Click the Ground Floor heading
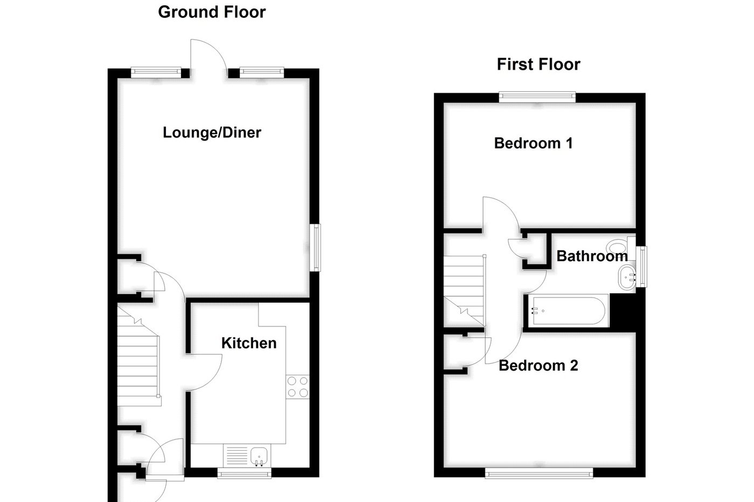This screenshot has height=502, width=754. [x=212, y=12]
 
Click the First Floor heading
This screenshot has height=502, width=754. [x=538, y=65]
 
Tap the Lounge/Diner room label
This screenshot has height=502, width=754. [x=212, y=133]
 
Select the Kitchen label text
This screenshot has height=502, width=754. [x=249, y=343]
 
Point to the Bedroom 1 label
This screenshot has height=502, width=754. [x=533, y=143]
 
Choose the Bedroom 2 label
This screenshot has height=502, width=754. [x=538, y=366]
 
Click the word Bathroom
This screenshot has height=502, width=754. [x=592, y=256]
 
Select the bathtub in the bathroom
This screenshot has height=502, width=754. [x=569, y=311]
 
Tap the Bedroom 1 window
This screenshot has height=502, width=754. [x=537, y=97]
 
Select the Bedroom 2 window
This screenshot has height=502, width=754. [x=539, y=473]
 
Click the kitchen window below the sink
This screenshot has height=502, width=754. [x=244, y=473]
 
